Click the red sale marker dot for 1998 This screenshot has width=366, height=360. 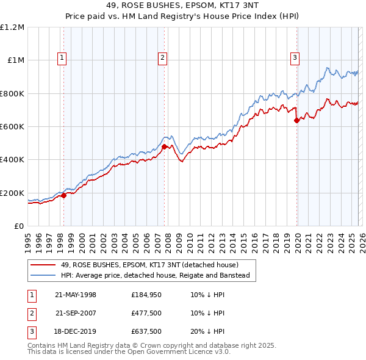point(63,195)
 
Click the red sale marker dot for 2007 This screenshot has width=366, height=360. point(164,146)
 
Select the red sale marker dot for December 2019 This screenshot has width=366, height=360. point(296,120)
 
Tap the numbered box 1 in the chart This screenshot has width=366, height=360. point(63,58)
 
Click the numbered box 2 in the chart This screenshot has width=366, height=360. point(163,58)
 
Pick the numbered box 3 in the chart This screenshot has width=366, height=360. point(295,58)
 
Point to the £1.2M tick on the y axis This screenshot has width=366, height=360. point(13,27)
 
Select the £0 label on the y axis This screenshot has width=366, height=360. point(20,226)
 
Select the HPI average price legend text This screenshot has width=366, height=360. point(156,276)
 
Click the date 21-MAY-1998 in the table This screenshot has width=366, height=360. point(76,295)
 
